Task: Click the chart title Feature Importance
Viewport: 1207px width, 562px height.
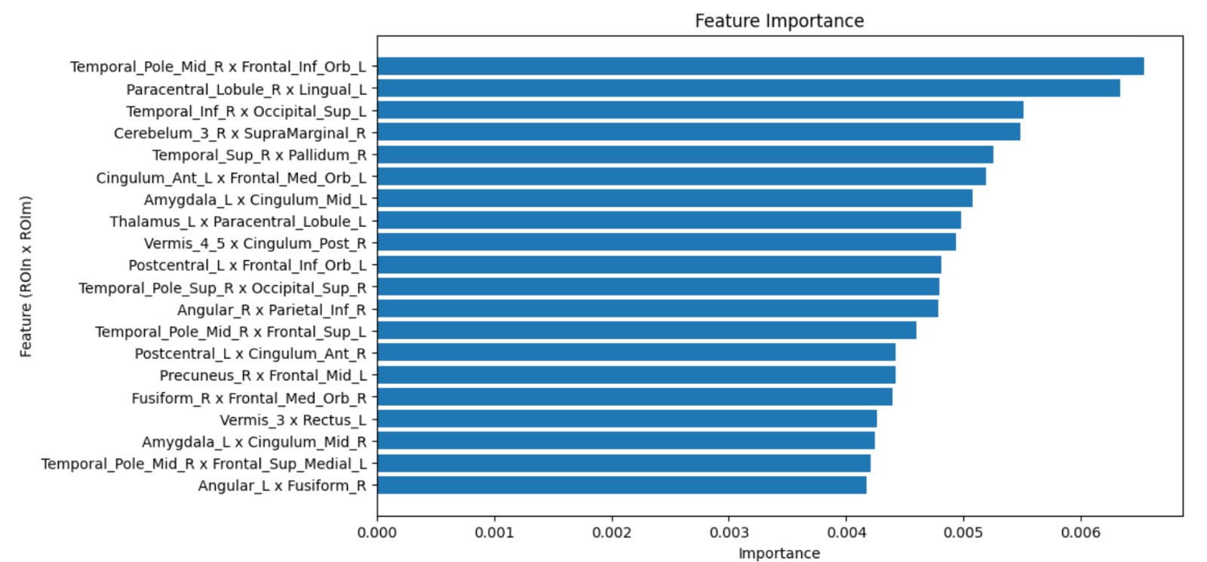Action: point(779,21)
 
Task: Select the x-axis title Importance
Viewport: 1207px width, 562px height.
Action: point(779,553)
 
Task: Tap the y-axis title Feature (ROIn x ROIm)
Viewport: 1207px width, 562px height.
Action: point(26,276)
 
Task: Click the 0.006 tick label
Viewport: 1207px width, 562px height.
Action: point(1080,533)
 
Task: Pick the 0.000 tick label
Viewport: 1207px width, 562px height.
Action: point(377,533)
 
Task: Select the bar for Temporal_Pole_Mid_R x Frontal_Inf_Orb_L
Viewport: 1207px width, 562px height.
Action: point(760,66)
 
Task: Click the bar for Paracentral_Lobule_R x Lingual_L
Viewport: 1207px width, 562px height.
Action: point(748,88)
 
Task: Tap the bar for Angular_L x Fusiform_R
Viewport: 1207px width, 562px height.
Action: point(622,485)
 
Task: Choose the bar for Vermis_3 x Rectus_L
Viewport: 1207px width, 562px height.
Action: point(627,419)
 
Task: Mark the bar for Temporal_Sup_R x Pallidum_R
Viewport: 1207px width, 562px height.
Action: point(685,155)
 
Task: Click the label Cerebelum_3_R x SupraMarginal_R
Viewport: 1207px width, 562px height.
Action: point(240,134)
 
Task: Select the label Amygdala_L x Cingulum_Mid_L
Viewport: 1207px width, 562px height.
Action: point(255,200)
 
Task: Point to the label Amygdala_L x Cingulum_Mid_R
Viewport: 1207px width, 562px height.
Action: point(254,442)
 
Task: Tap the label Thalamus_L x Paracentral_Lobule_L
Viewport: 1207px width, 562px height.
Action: point(238,222)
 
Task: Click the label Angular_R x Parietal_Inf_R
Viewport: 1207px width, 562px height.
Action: point(272,310)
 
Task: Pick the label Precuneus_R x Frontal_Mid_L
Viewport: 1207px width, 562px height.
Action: point(263,376)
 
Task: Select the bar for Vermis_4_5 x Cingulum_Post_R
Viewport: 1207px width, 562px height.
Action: point(666,242)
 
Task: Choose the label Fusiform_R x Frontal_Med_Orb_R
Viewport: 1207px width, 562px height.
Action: point(249,398)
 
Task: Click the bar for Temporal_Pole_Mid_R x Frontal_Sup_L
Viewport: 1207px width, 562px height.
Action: point(646,330)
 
